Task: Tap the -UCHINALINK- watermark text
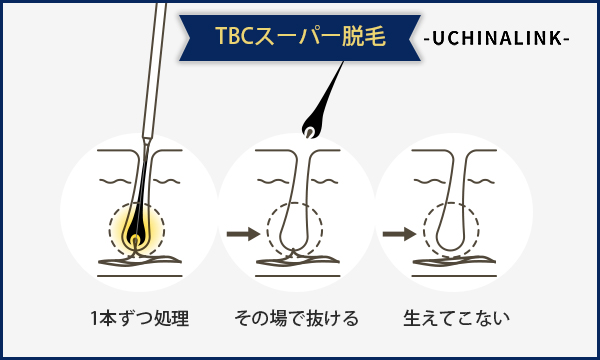tap(496, 38)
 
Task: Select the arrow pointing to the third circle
tap(399, 234)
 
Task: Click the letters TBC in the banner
tap(234, 37)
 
